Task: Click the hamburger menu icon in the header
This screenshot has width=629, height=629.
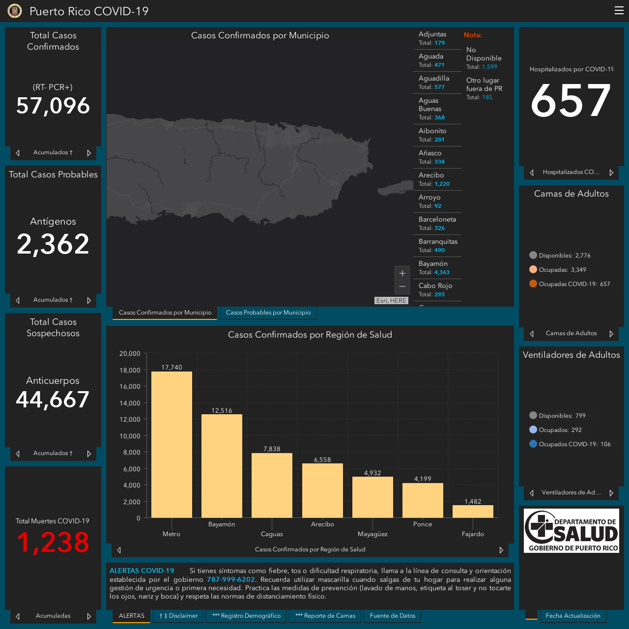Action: click(x=619, y=10)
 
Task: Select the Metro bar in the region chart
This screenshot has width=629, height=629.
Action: click(x=172, y=444)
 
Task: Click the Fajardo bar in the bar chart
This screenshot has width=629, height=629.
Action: click(x=473, y=511)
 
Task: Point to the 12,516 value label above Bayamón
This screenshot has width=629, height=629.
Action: click(x=222, y=411)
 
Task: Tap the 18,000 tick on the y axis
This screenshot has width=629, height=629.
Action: click(x=130, y=370)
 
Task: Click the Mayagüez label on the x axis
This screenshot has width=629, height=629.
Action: click(x=372, y=534)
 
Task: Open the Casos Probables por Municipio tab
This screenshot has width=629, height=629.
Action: click(x=268, y=313)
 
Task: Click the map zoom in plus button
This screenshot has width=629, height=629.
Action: click(x=402, y=273)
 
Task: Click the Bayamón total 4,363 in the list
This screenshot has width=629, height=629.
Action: click(x=442, y=272)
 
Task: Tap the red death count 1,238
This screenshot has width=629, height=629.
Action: click(x=53, y=542)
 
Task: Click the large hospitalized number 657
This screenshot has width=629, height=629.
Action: click(x=571, y=100)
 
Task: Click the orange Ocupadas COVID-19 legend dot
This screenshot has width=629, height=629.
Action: click(x=533, y=284)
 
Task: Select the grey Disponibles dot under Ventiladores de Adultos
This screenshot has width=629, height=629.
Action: click(x=533, y=415)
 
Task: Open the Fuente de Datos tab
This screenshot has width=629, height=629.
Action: click(x=392, y=616)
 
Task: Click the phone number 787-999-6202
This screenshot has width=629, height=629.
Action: click(x=231, y=579)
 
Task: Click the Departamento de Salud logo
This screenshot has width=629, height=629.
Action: click(x=571, y=530)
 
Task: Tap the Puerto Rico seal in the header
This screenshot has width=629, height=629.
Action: click(x=15, y=11)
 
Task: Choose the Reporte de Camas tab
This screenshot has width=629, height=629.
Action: click(x=325, y=616)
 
